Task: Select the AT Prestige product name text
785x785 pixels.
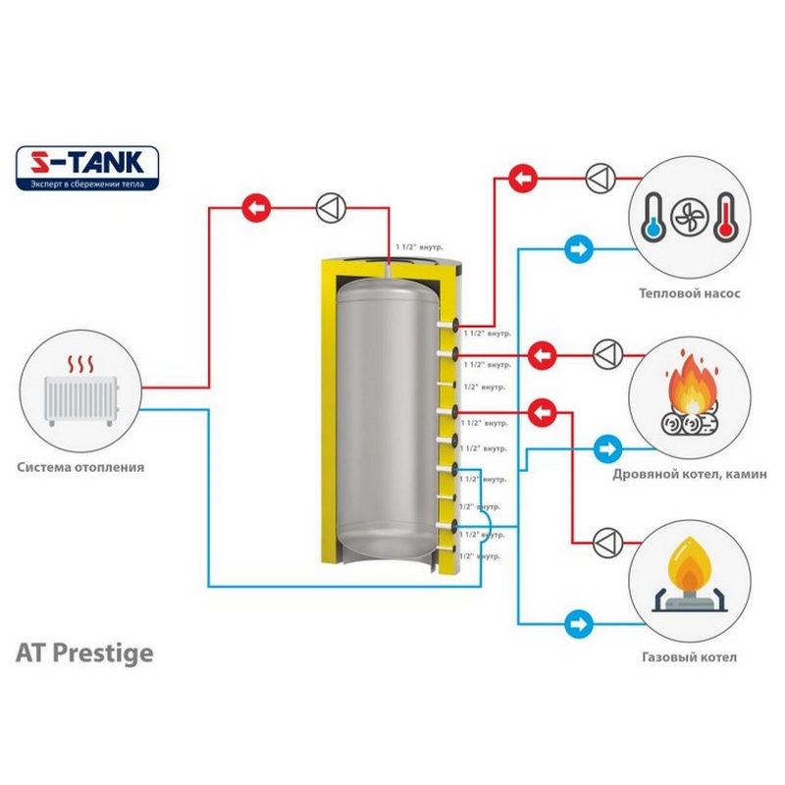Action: [x=84, y=654]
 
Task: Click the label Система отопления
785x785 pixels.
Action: [x=80, y=467]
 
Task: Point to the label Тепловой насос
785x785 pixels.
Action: [x=689, y=292]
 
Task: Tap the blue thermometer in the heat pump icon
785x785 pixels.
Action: [x=654, y=217]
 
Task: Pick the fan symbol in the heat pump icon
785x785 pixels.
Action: [x=689, y=217]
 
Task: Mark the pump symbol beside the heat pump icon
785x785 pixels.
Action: [x=598, y=180]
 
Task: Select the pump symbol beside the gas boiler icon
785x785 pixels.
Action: [x=606, y=539]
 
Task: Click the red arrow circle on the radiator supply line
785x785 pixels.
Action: [x=256, y=208]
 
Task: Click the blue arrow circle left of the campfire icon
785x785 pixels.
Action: [x=608, y=450]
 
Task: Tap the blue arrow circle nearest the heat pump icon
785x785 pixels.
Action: [x=578, y=248]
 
